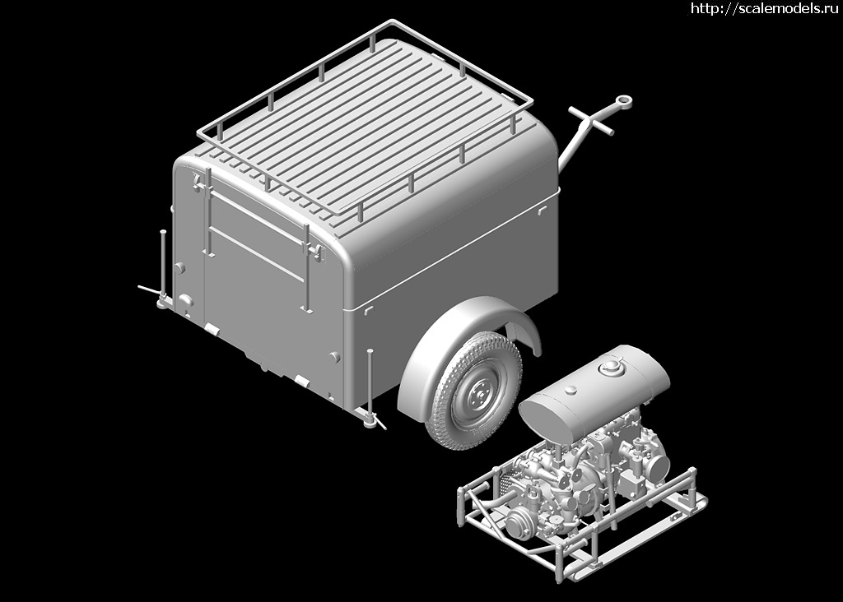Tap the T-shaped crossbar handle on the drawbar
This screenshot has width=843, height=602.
[x=591, y=120]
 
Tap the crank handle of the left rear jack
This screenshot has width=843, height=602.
[x=147, y=290]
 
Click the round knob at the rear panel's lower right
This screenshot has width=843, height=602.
[x=334, y=357]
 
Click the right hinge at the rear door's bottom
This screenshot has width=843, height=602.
[x=301, y=382]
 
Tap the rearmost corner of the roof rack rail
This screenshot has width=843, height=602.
[x=199, y=134]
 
